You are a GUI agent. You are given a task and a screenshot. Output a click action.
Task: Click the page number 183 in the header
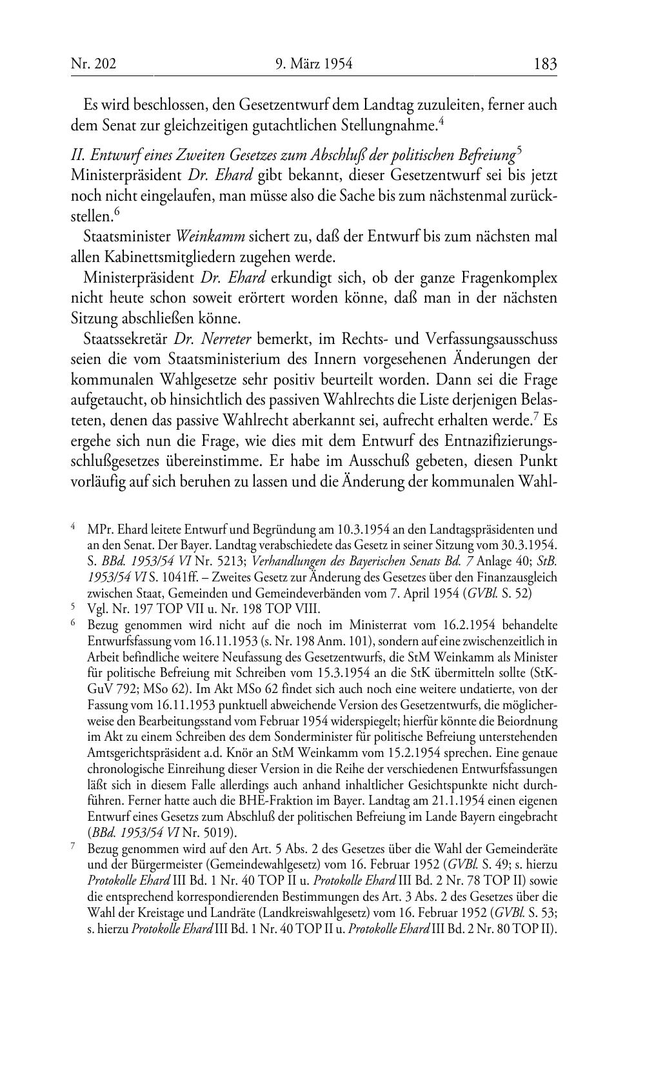coord(545,65)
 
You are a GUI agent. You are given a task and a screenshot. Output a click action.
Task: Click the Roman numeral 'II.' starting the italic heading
coord(79,156)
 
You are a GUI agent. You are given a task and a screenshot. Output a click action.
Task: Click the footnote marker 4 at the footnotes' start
coord(74,527)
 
